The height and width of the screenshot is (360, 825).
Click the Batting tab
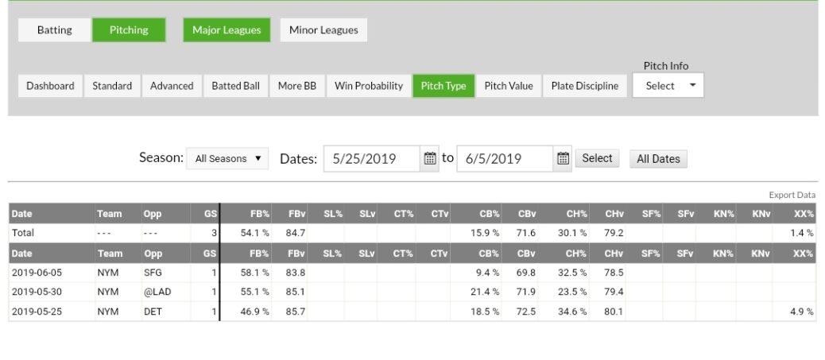54,30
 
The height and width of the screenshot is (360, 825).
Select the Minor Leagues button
323,30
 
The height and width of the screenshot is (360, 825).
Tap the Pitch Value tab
509,86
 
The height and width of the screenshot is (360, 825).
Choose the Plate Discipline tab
584,86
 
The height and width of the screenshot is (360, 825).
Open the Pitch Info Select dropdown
668,86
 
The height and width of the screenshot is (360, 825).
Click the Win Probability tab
368,86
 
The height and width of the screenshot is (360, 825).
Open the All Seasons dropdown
227,159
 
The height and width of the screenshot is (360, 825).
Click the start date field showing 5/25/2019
371,159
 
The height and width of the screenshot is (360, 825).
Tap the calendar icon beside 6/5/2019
563,158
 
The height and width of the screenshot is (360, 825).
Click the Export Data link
792,195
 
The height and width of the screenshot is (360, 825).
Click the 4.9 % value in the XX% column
801,312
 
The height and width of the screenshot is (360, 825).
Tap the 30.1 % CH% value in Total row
571,233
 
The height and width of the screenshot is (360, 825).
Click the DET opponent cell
153,312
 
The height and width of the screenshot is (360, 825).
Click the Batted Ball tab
235,86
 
